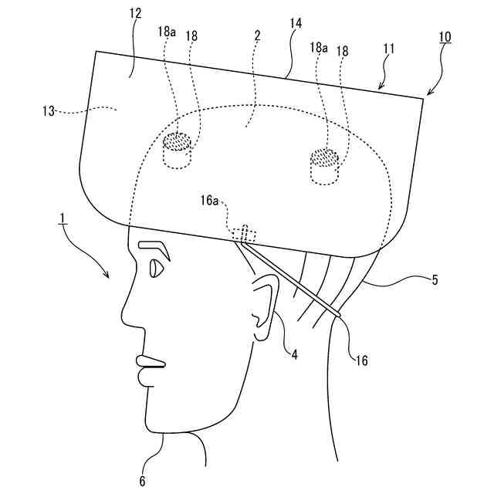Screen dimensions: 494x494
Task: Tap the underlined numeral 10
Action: pos(445,36)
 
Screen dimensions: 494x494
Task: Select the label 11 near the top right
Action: pos(388,48)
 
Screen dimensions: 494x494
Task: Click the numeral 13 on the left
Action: pos(49,111)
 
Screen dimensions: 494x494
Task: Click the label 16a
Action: pos(210,201)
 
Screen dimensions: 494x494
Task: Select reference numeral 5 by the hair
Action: pos(435,280)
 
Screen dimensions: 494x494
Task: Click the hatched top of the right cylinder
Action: pos(324,157)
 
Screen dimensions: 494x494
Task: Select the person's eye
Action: pos(155,269)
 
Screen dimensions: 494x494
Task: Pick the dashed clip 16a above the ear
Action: pos(243,233)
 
